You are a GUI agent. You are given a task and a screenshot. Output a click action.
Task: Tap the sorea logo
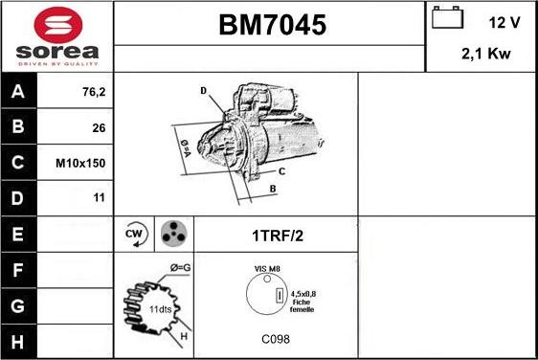pos(56,35)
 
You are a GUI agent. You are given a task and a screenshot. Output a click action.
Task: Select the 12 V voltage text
pos(504,22)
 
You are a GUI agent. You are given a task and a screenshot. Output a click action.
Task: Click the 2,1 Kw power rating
pos(487,55)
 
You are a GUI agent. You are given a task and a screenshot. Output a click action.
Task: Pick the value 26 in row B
pos(99,128)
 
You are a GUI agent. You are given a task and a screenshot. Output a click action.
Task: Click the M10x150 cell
pos(80,163)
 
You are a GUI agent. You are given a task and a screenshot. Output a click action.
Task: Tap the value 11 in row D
pos(99,197)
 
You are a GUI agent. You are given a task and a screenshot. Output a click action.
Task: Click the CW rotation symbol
pos(134,234)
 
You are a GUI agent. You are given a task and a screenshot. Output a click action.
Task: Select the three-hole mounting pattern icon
pos(173,233)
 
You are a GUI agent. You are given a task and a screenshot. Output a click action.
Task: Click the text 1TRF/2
pos(278,234)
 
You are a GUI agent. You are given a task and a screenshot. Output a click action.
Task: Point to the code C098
pos(276,339)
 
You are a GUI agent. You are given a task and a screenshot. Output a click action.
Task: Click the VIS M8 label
pos(267,270)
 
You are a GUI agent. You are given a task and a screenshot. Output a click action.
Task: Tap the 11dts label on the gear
pos(159,309)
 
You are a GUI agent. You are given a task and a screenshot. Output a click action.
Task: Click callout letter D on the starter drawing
pos(204,91)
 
